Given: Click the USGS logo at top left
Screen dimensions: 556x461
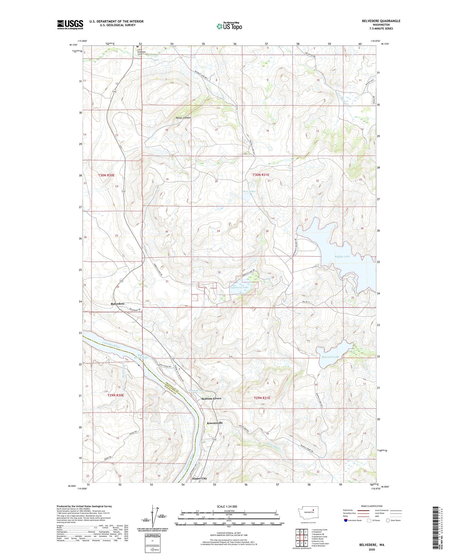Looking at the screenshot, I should coord(70,25).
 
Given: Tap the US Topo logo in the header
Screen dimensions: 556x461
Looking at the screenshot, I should coord(229,26).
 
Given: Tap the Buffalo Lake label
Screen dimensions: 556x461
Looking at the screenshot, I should coord(342,256).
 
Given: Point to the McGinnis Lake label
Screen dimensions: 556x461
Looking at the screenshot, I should coord(330,357).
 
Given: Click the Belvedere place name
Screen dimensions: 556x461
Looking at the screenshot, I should coord(117,304).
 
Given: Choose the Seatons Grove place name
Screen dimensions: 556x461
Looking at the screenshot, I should coord(211,398).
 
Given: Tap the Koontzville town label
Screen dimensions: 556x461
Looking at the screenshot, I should coord(215,423).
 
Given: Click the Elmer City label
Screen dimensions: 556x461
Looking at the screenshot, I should coord(199,478).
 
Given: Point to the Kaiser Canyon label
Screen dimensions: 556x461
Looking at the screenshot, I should coord(183,118).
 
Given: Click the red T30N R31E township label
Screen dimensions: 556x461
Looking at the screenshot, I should coord(261,175).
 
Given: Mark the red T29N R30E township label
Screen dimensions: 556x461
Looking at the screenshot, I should coord(115,395).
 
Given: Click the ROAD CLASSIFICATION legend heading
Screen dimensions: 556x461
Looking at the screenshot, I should coord(372,506).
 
